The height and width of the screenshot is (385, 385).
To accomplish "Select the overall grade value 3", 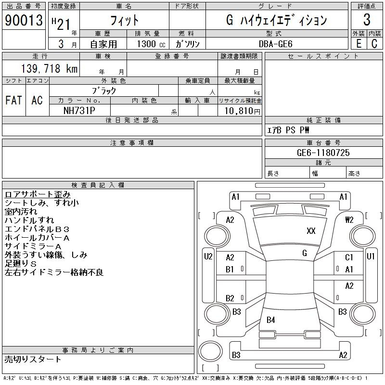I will coord(367,20).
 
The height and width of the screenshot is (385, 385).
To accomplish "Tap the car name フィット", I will coord(124,20).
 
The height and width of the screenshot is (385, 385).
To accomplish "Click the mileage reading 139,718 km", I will coord(48,69).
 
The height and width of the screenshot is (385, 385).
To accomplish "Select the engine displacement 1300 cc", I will coord(147,44).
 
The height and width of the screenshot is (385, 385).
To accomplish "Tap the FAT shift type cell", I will coord(14,100).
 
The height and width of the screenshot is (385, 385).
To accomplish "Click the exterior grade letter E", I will coord(359,44).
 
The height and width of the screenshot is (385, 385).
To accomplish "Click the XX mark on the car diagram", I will coord(311,231).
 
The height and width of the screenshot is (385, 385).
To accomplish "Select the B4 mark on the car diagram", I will coord(271,320).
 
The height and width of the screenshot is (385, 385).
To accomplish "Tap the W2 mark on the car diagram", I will coord(349,220).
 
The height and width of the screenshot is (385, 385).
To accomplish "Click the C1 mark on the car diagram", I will coord(349,258).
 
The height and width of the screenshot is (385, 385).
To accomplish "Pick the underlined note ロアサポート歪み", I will coord(38,194).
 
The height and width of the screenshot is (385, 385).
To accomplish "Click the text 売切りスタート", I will coord(33,359).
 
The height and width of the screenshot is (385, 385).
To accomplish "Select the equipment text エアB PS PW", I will coord(288,130).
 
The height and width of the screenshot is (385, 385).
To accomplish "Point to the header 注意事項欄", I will coord(132,143).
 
